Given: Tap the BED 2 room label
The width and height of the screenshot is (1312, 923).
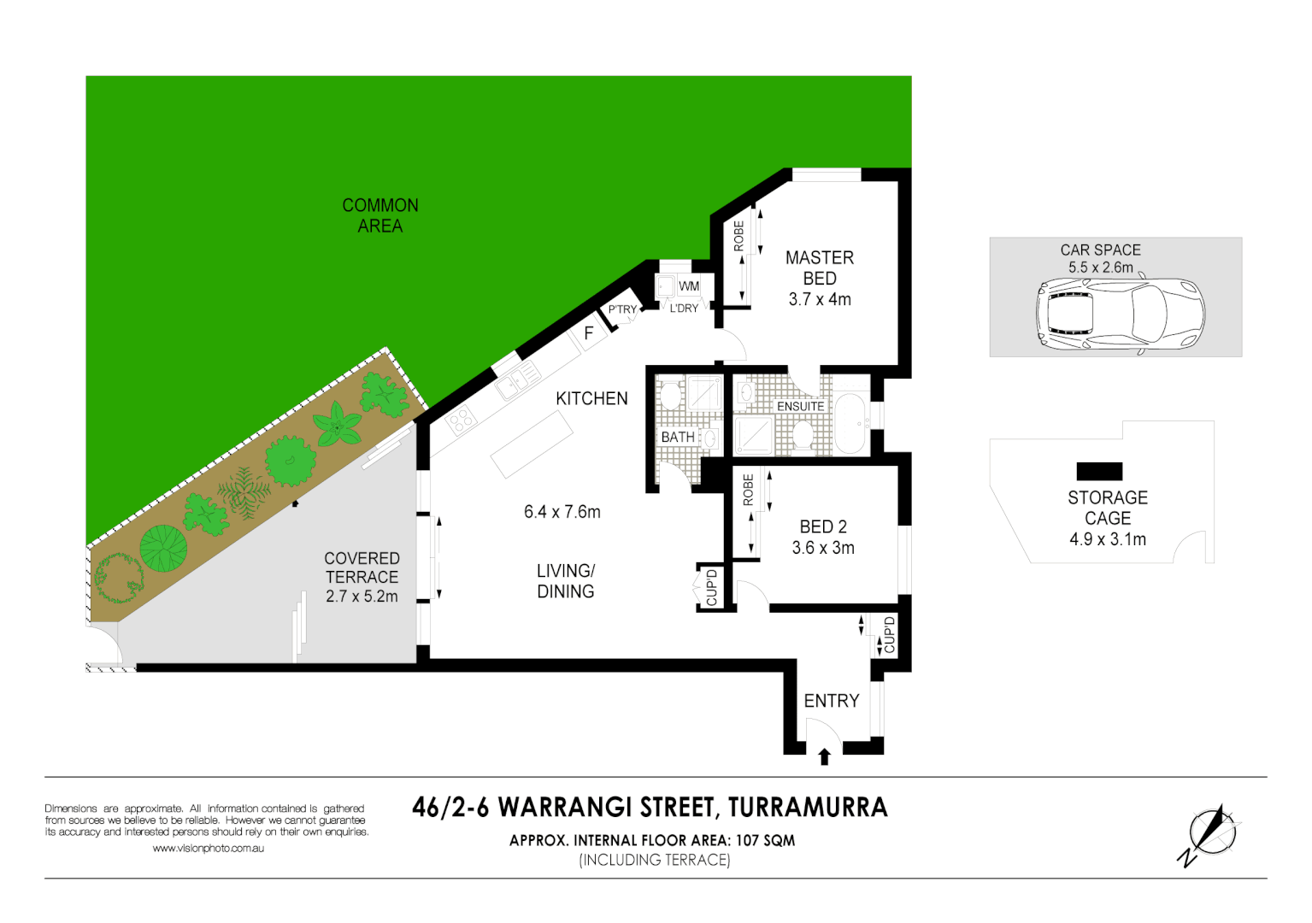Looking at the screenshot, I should [x=822, y=537].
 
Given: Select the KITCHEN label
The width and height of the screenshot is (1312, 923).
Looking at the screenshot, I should [x=591, y=398].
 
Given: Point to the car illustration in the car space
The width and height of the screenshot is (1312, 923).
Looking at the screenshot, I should [x=1120, y=314].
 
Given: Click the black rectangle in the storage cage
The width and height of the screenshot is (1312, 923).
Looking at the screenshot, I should [x=1099, y=471].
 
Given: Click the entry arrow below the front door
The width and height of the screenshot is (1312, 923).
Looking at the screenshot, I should [x=824, y=756].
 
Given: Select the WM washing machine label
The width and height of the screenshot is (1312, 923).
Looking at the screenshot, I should [x=689, y=286].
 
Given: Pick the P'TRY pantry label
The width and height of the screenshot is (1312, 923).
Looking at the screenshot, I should [x=622, y=309].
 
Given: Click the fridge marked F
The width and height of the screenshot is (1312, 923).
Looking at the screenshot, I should [x=589, y=333].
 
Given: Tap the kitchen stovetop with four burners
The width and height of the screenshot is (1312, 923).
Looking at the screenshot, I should [x=461, y=420].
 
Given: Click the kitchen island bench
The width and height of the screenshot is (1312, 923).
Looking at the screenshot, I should [x=532, y=444].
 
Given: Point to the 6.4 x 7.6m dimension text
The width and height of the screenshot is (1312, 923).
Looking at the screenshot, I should [x=562, y=512].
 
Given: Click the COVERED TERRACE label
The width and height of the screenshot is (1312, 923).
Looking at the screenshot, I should [x=362, y=577].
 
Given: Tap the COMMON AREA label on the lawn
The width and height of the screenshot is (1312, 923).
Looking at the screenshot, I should [x=380, y=215].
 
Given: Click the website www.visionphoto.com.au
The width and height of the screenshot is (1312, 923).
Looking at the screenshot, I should [x=208, y=849].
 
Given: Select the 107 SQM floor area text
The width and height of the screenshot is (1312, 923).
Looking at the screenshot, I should [x=765, y=840].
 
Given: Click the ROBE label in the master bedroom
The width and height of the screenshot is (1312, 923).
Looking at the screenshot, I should [x=738, y=237].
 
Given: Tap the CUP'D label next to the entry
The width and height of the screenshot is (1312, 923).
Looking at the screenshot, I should [x=889, y=635].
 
